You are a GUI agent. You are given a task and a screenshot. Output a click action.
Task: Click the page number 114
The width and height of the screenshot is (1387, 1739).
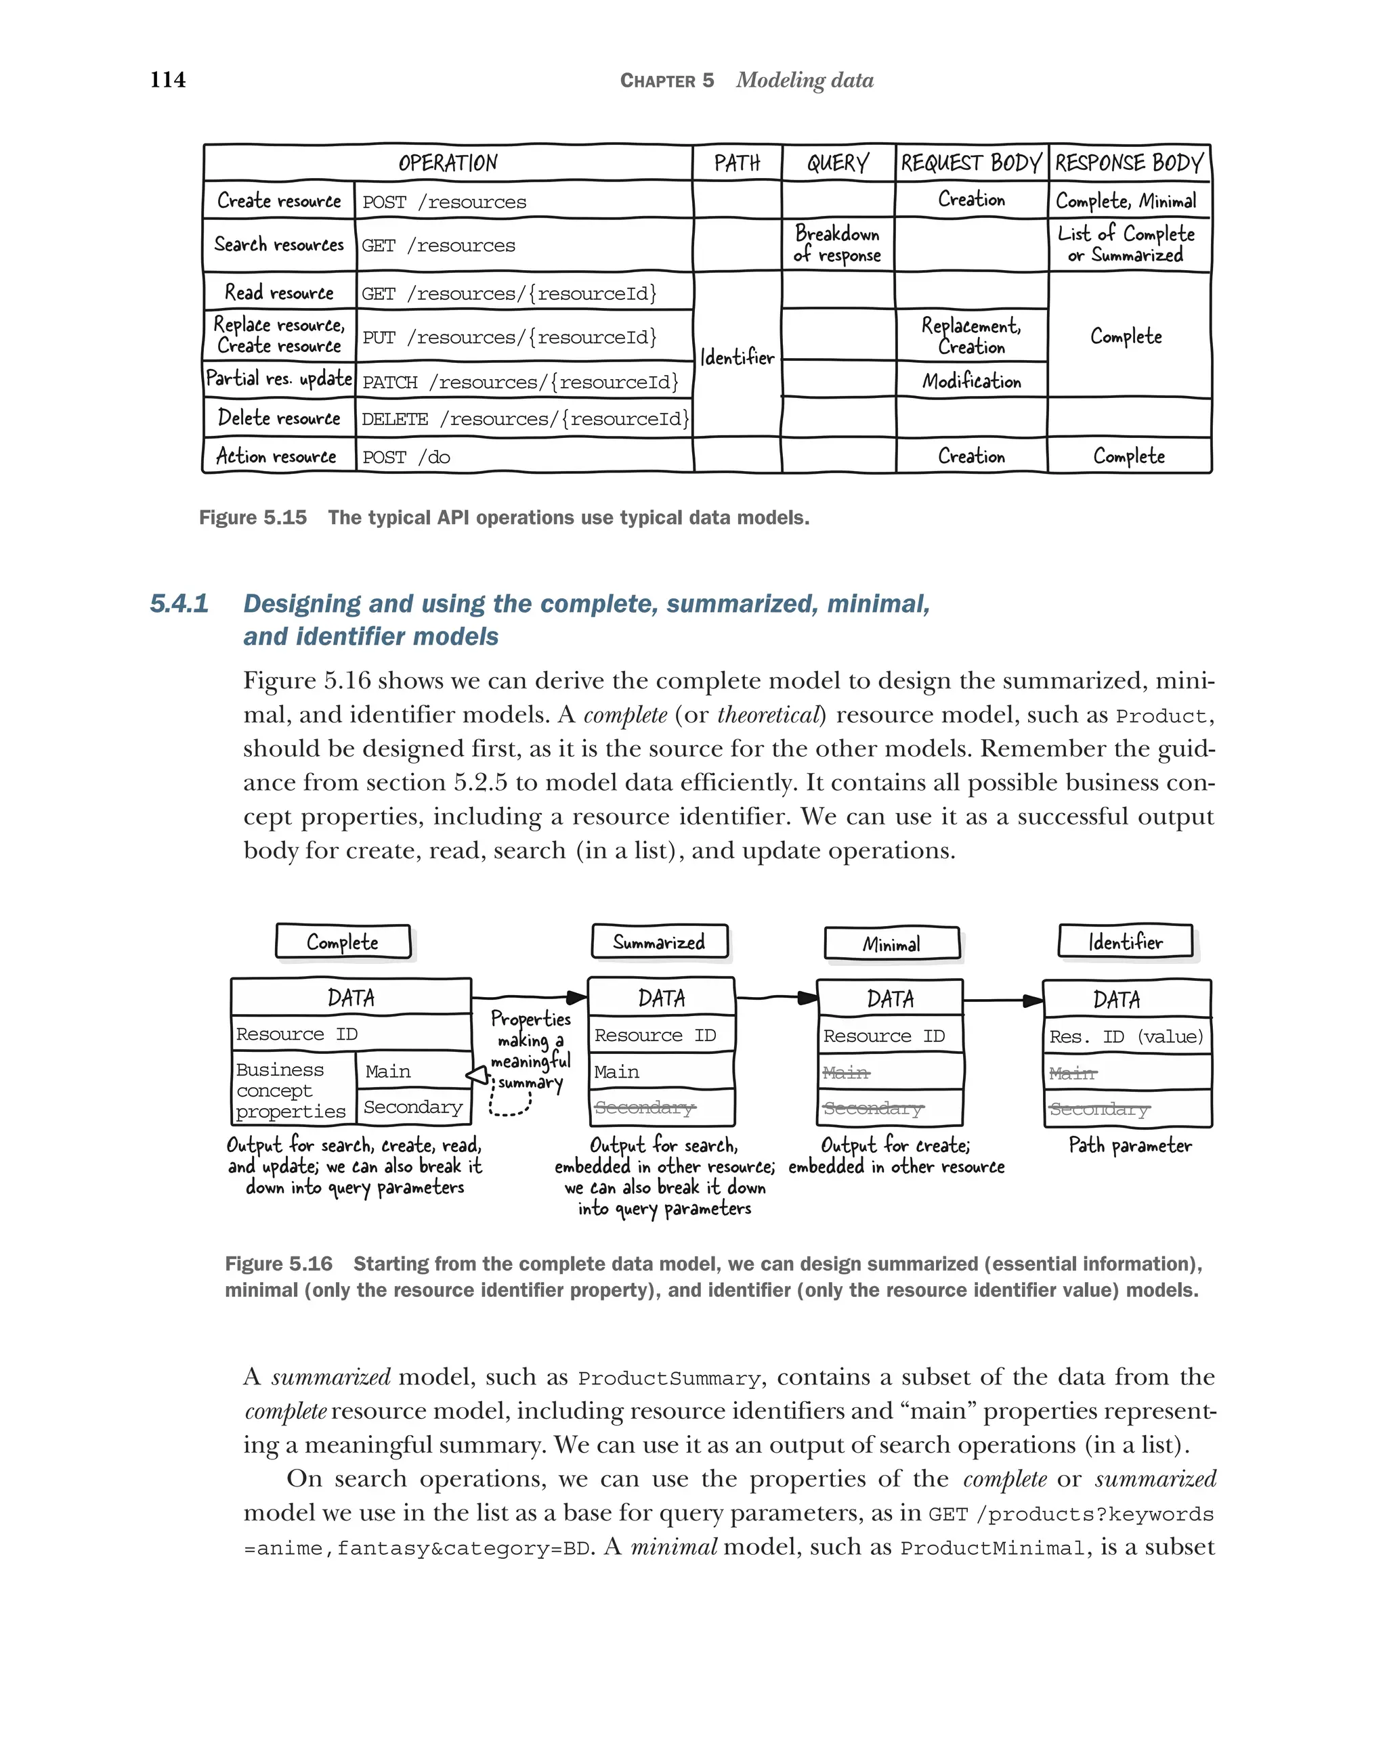(167, 79)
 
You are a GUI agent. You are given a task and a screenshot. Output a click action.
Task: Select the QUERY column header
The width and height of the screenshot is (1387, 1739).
(838, 163)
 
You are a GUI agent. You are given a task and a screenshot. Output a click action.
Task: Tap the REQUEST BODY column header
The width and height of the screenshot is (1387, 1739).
(970, 163)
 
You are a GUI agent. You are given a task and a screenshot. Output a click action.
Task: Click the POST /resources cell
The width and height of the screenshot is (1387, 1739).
(444, 202)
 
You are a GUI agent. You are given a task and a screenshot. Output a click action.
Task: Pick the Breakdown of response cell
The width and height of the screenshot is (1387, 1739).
(838, 244)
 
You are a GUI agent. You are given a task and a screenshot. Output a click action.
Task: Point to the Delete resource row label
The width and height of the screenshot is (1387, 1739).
(278, 418)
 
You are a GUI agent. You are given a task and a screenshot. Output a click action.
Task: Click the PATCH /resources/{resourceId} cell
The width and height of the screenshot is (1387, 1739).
(520, 382)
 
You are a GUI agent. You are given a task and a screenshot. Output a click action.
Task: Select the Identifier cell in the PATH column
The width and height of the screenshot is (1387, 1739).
(737, 357)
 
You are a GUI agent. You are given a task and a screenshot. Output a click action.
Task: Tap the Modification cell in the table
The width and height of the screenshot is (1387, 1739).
(971, 380)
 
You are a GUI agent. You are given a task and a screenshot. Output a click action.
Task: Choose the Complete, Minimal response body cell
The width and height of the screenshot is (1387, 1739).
(1126, 200)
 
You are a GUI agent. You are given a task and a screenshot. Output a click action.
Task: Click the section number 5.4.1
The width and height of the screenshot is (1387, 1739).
(179, 603)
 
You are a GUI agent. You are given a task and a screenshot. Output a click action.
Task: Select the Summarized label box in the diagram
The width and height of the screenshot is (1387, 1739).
(659, 942)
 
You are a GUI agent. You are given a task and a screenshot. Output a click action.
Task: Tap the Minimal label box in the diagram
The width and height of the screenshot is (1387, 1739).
(891, 944)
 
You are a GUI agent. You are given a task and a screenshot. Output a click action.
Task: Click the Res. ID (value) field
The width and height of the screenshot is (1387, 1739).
(1126, 1036)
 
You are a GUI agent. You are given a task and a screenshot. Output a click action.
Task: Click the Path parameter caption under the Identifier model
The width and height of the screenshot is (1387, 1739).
(1130, 1145)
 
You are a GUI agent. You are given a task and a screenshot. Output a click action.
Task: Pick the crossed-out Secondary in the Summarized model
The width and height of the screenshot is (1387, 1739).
(645, 1107)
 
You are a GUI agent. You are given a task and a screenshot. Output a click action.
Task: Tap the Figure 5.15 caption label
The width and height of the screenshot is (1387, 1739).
(253, 518)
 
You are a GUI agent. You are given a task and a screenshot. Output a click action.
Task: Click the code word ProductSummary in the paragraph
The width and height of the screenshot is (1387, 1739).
(669, 1378)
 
